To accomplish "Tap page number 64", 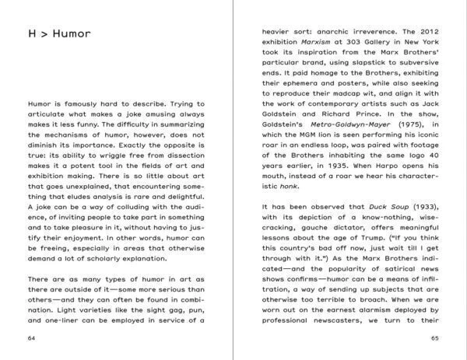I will pyautogui.click(x=32, y=338).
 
